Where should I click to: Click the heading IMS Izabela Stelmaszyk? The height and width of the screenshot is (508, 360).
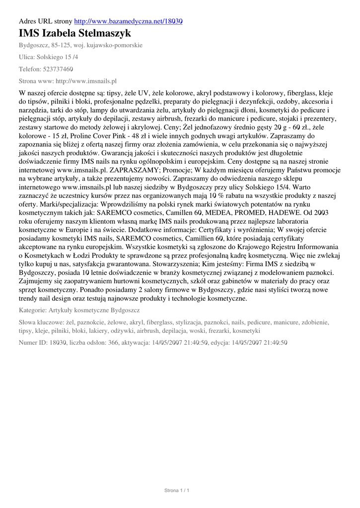coord(75,34)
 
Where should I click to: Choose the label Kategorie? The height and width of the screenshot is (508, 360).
coord(32,310)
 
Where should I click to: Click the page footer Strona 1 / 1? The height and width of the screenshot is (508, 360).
coord(177,491)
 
